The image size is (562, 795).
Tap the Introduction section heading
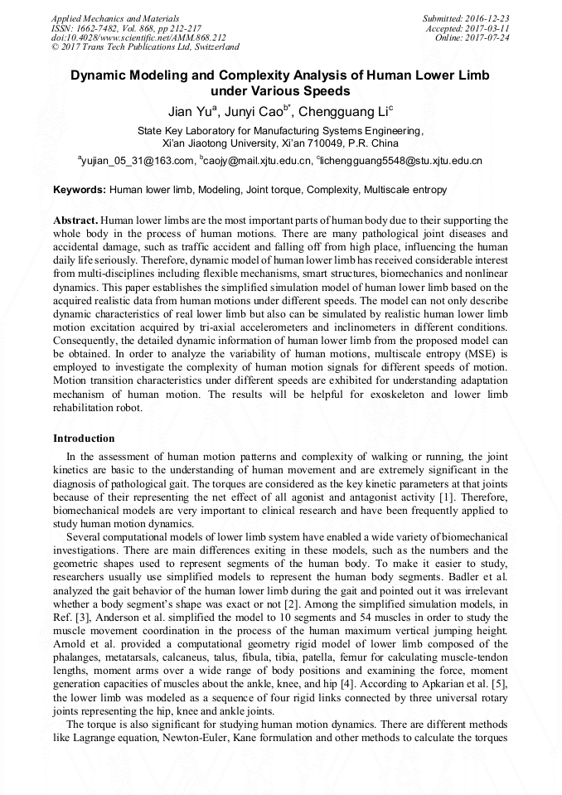pyautogui.click(x=84, y=438)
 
